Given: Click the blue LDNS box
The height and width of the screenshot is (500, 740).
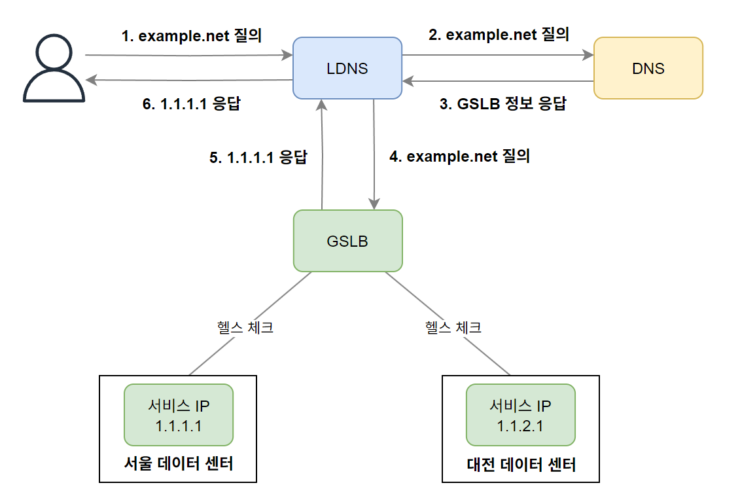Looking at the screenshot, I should (x=347, y=68).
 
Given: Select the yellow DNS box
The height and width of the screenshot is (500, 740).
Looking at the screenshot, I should (x=648, y=68).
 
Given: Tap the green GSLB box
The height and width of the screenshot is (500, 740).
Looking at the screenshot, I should (x=347, y=241).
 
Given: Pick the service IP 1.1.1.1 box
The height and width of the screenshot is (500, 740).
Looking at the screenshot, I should (x=178, y=416).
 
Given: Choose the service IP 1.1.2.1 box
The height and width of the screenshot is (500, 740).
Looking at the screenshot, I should (x=520, y=416).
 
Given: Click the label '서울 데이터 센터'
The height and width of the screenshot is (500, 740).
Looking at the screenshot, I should (x=178, y=464).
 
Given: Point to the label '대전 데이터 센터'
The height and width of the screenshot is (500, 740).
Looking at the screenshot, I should (x=521, y=465).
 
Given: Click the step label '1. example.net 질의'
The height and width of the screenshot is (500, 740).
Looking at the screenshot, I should (x=192, y=35).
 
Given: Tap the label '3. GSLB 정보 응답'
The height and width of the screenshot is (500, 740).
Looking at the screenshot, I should (x=502, y=104).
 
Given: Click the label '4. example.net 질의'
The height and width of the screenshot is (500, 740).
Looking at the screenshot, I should (x=459, y=157).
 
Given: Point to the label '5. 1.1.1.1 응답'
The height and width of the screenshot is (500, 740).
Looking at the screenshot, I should (x=258, y=158).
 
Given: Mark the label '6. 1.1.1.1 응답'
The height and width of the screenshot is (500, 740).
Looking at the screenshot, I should (x=191, y=104).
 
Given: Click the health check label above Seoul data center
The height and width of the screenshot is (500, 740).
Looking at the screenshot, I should (x=245, y=327).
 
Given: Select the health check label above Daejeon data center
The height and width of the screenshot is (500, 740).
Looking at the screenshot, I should (x=453, y=327).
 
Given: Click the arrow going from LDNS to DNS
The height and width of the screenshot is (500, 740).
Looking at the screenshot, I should (x=497, y=56).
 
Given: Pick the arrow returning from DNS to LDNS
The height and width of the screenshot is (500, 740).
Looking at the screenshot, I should (x=497, y=81).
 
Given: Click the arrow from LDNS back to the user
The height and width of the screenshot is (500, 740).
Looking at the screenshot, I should (x=190, y=80).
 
